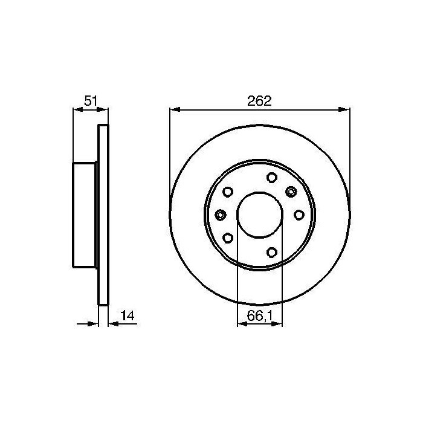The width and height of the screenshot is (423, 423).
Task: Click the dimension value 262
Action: [x=259, y=101]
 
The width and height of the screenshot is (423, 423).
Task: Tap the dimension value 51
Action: [x=91, y=101]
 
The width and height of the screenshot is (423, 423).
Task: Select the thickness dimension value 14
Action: [x=128, y=315]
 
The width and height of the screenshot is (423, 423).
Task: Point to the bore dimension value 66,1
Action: [x=259, y=315]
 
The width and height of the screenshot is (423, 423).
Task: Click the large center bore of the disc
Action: [x=260, y=215]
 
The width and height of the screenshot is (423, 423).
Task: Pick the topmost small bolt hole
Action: [x=272, y=178]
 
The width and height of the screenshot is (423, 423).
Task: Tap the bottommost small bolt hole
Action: [x=272, y=252]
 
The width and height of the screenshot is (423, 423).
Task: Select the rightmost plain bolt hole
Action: [x=299, y=215]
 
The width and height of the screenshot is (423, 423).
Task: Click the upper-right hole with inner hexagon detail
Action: [x=291, y=192]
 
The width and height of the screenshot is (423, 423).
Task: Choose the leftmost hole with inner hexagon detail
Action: [x=221, y=215]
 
